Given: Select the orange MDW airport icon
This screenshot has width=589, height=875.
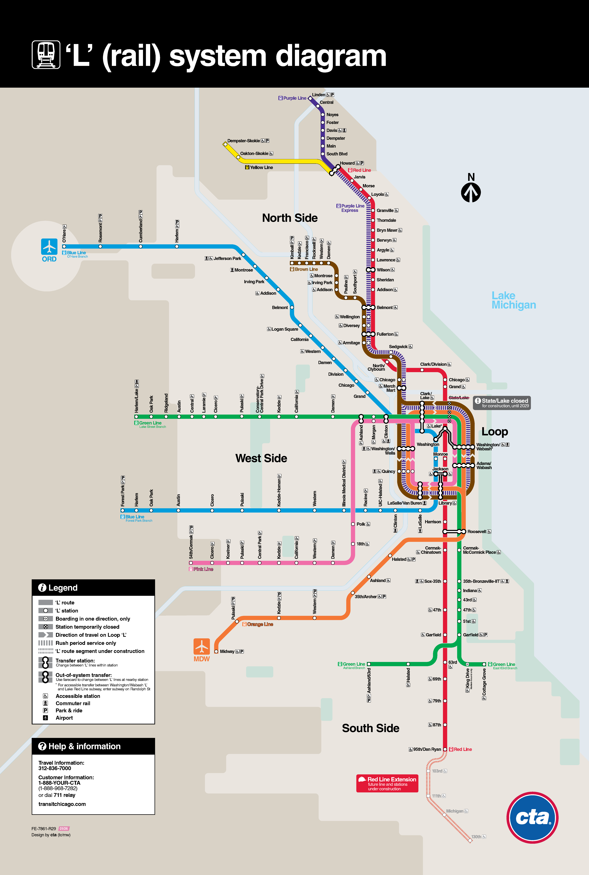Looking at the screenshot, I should pyautogui.click(x=202, y=646).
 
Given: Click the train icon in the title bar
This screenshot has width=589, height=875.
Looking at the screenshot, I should pyautogui.click(x=46, y=55).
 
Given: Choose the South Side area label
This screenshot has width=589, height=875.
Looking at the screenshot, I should pyautogui.click(x=370, y=728).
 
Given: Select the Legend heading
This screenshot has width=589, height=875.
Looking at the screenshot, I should pyautogui.click(x=63, y=588).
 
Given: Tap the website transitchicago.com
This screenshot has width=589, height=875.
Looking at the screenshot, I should pyautogui.click(x=62, y=804).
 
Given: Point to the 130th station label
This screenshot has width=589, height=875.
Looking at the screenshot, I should pyautogui.click(x=476, y=837).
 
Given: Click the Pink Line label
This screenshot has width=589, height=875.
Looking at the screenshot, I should pyautogui.click(x=203, y=569).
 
